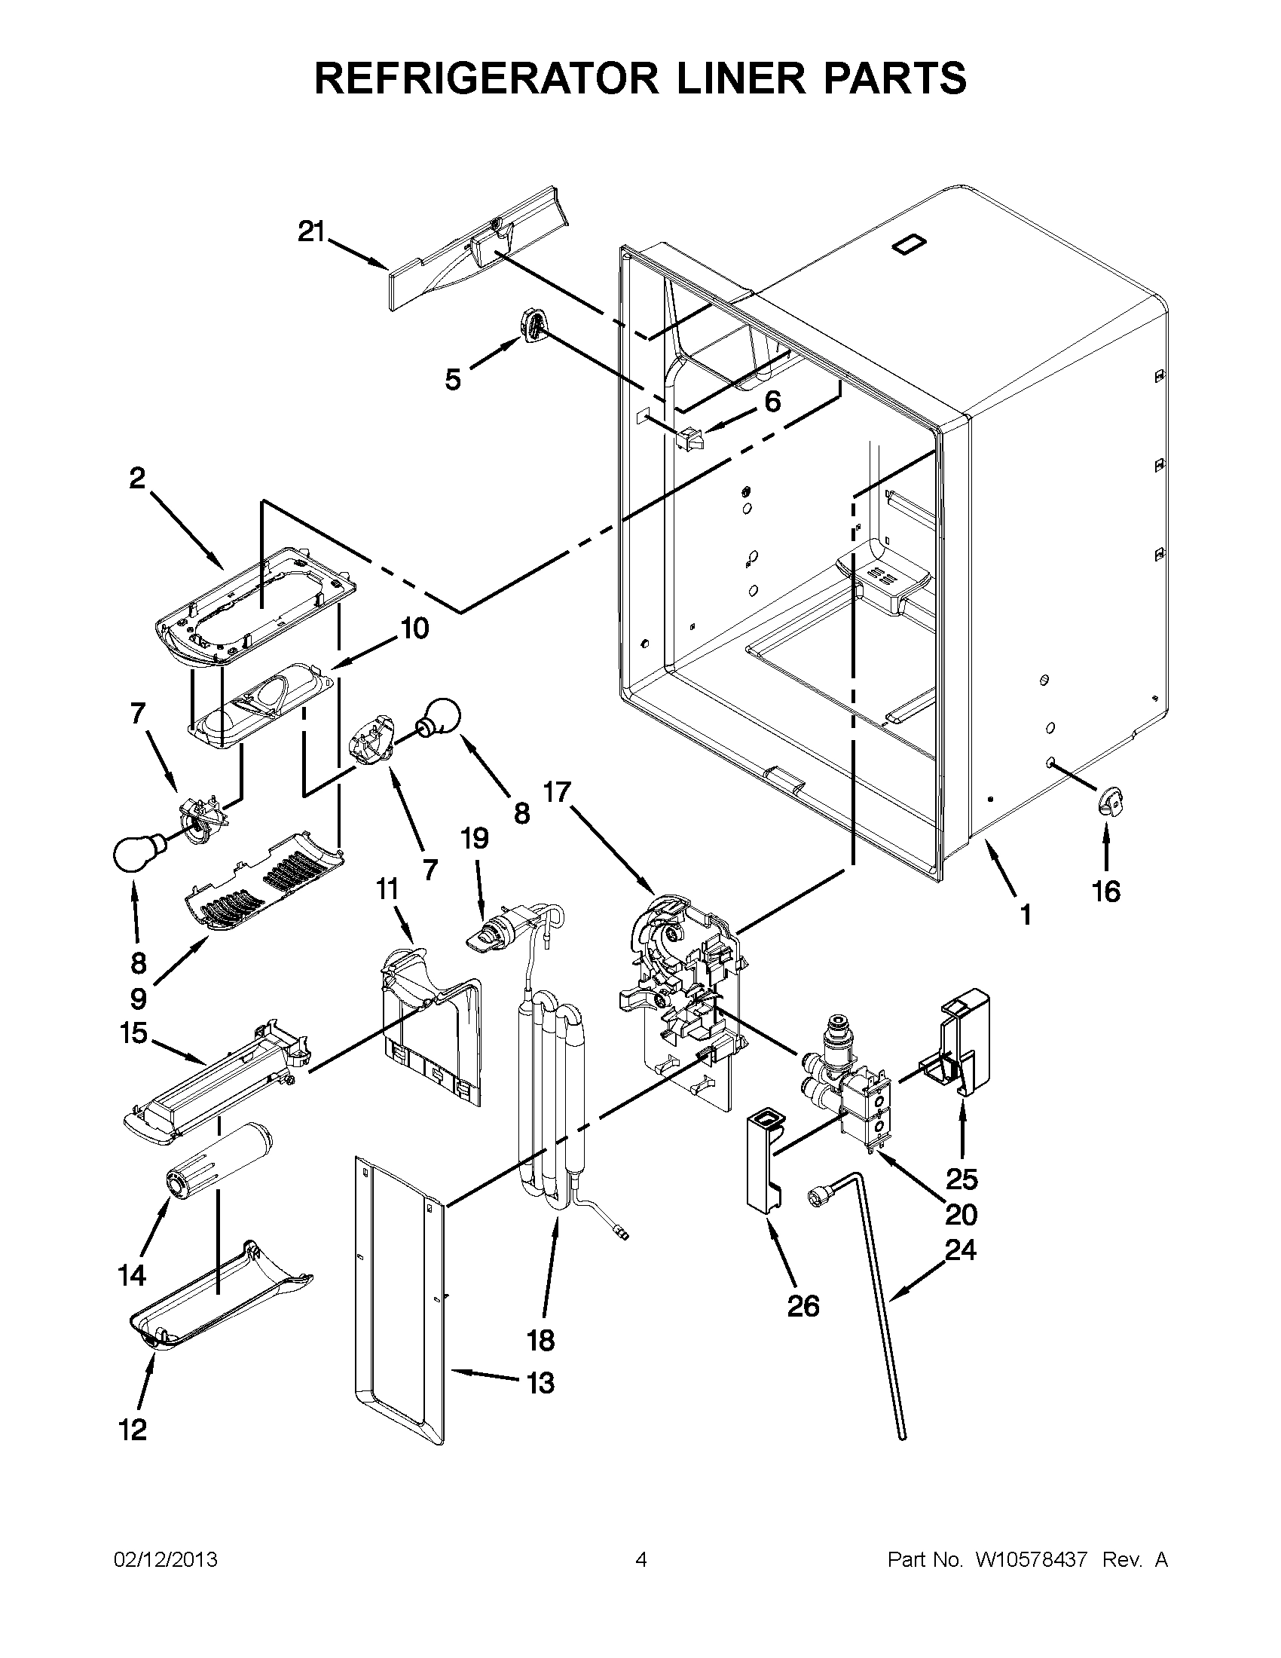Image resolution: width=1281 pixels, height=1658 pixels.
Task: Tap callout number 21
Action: (310, 231)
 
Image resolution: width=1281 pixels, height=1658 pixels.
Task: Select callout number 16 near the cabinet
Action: (1106, 892)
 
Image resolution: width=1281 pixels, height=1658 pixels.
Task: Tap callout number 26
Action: (804, 1305)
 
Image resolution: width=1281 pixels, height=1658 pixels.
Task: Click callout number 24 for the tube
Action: (960, 1249)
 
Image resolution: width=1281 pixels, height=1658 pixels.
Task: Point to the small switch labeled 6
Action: (689, 439)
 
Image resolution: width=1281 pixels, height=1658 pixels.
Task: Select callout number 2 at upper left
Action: (136, 479)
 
